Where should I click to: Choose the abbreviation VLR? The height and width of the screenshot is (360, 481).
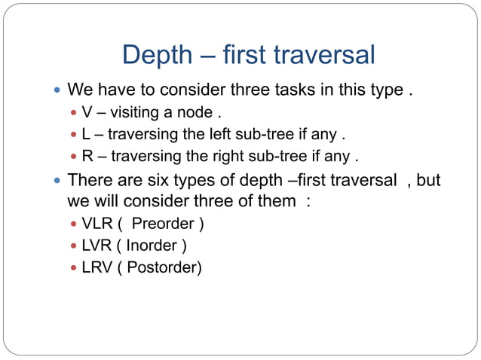(97, 224)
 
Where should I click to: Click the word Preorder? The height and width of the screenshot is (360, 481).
(163, 224)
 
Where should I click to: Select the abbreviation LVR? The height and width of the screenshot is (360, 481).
(97, 246)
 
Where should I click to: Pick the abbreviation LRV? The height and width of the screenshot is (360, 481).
(97, 267)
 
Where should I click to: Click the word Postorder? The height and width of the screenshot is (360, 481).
(161, 267)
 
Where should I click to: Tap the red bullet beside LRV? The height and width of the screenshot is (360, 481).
(73, 267)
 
